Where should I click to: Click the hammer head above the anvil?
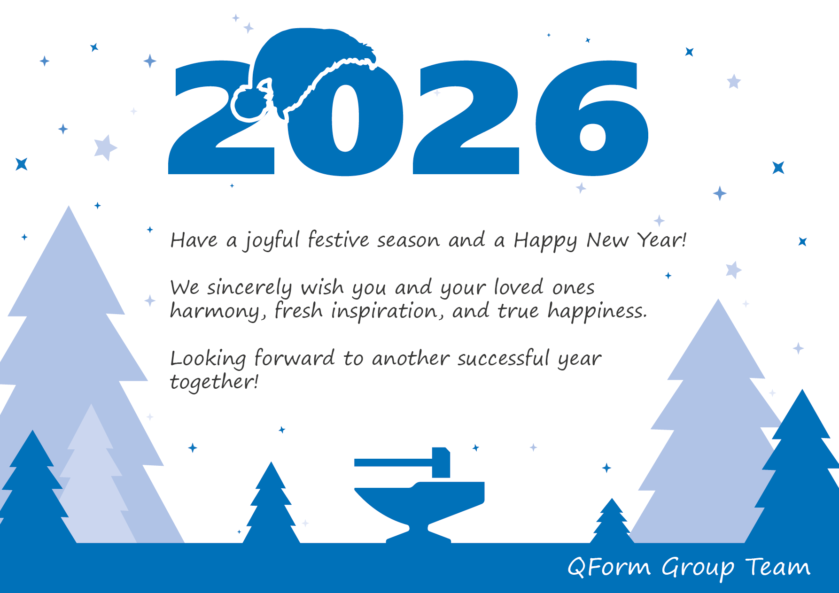[x=441, y=462]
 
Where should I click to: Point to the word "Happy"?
[x=545, y=240]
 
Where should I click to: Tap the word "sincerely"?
[x=250, y=287]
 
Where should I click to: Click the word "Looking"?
[x=208, y=359]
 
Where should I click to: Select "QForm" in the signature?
[x=609, y=567]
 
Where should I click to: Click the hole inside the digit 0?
[x=345, y=118]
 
